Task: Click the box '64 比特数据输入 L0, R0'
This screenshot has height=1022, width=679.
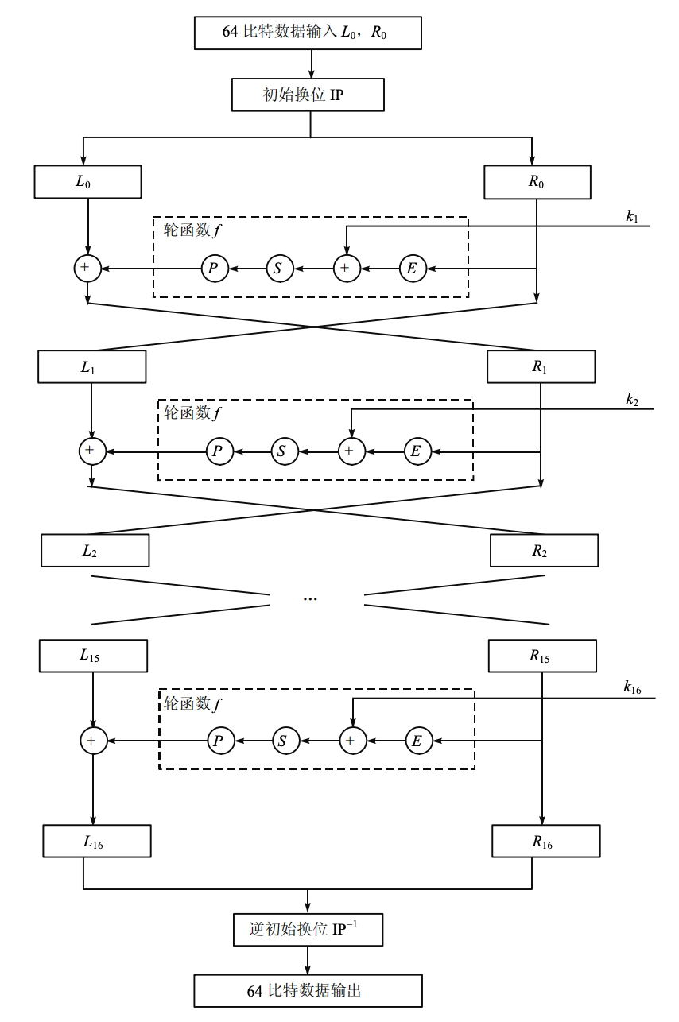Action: click(308, 33)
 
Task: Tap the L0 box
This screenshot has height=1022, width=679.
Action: click(87, 182)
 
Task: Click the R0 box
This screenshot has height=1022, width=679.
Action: click(537, 182)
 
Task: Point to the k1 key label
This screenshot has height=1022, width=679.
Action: click(632, 216)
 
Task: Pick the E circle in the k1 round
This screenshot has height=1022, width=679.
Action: click(411, 269)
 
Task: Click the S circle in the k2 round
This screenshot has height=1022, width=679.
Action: click(283, 451)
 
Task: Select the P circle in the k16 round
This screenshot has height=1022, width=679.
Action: click(220, 741)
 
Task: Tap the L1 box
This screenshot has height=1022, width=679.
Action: click(92, 367)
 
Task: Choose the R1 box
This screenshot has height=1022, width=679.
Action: click(541, 367)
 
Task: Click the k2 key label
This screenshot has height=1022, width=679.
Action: click(632, 400)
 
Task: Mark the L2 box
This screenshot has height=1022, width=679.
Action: click(95, 550)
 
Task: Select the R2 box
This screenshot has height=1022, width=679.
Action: click(544, 550)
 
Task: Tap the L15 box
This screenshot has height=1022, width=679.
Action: click(93, 656)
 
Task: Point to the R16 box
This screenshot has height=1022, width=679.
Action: click(546, 842)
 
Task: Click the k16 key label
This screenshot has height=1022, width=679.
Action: click(634, 687)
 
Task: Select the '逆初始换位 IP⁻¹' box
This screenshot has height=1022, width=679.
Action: click(308, 929)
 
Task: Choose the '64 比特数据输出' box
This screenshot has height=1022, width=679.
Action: click(308, 991)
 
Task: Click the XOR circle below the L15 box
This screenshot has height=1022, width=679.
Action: click(93, 741)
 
